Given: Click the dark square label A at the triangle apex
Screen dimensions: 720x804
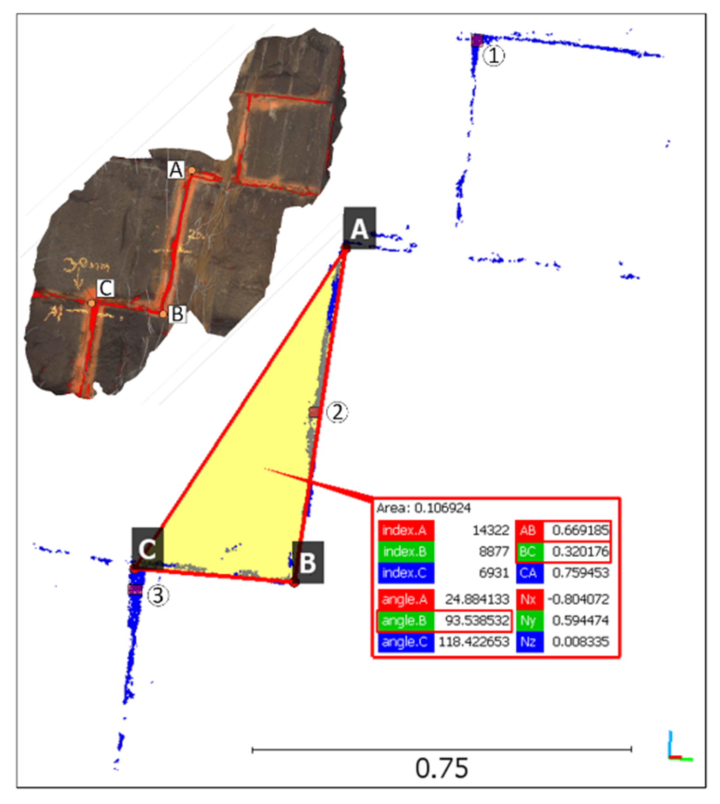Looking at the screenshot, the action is click(x=359, y=228).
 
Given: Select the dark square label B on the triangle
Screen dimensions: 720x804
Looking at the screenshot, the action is click(x=308, y=562).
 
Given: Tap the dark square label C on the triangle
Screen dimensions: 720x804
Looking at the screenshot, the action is click(x=147, y=548).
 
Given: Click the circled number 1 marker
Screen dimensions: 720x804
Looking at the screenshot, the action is click(x=493, y=56).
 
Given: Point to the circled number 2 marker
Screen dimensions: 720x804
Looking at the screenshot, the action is click(x=337, y=412).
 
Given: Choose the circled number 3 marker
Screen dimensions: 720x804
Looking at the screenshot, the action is click(x=158, y=595).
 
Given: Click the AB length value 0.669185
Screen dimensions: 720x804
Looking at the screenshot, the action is click(x=580, y=530).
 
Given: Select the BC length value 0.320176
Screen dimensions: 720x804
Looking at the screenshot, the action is click(x=580, y=551).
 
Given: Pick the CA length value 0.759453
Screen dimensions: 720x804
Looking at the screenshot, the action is click(x=580, y=573).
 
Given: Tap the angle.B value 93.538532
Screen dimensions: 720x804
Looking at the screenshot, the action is click(x=476, y=620).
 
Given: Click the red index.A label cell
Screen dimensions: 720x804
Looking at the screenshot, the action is click(x=405, y=530).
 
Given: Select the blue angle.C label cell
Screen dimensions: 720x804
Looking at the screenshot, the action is click(x=405, y=642).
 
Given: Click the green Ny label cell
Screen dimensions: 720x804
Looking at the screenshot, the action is click(x=529, y=620).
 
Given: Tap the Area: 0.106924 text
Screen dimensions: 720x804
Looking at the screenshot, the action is click(x=423, y=508).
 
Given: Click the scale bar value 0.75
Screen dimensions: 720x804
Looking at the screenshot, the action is click(x=441, y=768).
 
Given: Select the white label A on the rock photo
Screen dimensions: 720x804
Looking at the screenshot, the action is click(x=175, y=170).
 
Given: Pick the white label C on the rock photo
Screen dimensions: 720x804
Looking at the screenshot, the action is click(x=106, y=288).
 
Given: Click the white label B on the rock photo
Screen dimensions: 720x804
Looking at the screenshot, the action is click(x=177, y=314).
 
